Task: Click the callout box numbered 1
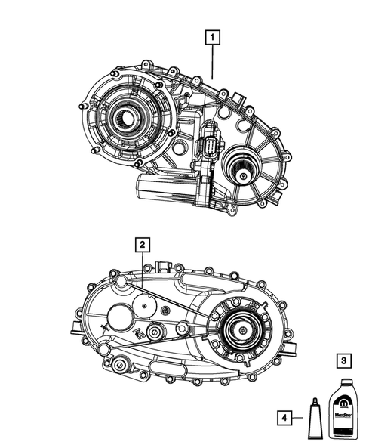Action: (214, 36)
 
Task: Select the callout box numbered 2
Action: (141, 243)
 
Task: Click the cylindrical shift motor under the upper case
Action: (161, 186)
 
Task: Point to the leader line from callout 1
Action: (214, 60)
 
